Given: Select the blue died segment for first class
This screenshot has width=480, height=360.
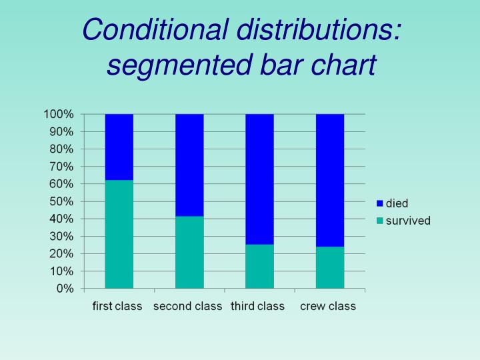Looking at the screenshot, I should [x=119, y=147].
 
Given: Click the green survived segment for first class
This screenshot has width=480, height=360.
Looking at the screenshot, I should [x=119, y=234].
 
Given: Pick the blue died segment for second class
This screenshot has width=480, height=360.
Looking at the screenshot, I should [x=189, y=165].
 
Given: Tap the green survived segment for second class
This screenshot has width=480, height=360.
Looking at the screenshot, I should [x=189, y=252].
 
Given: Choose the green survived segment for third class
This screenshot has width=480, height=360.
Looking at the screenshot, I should [x=259, y=266].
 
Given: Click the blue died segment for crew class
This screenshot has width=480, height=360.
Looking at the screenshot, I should [x=330, y=180].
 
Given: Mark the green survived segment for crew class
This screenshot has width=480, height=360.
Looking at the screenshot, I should [x=330, y=267].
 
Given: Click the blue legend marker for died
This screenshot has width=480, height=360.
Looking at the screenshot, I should [x=379, y=203].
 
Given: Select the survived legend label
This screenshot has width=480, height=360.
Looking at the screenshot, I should [x=409, y=221].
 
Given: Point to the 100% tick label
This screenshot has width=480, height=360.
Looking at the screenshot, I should [x=59, y=114].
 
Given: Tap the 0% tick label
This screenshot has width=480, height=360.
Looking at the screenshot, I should [x=65, y=289].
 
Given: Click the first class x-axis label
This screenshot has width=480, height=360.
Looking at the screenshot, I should [x=117, y=307].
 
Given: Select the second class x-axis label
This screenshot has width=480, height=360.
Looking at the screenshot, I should [x=188, y=307].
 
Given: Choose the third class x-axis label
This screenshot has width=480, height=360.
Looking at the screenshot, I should [x=258, y=307].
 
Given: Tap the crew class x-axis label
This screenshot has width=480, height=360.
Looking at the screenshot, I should [x=328, y=307].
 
